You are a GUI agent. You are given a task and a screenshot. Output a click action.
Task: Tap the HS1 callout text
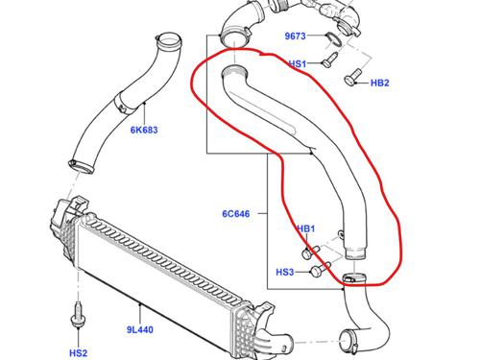pos(298,64)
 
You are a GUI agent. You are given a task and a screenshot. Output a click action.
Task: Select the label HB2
pos(380,84)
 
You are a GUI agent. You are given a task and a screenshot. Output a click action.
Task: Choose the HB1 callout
pos(306,228)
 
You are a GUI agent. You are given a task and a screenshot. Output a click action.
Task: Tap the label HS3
pos(285,273)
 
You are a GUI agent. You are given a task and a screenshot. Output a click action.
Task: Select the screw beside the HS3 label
pos(315,273)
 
